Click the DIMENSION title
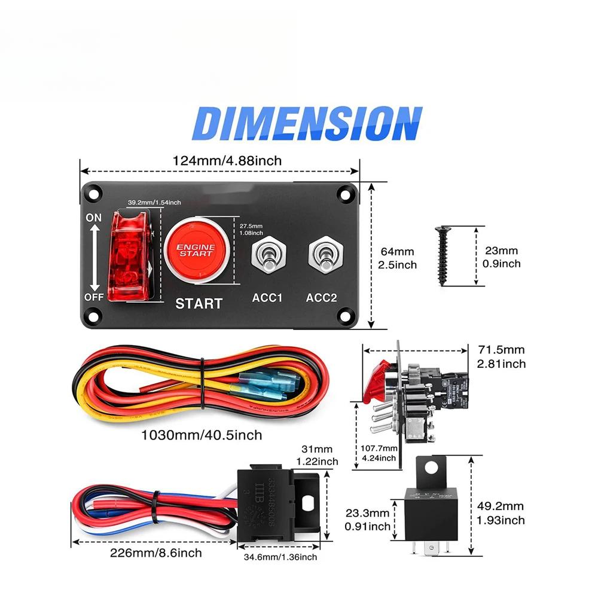point(307,124)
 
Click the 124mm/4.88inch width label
point(227,161)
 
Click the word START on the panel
point(199,303)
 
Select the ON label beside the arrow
point(94,218)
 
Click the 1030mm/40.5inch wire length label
point(202,435)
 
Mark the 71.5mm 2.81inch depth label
point(502,356)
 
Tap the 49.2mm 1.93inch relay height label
point(502,513)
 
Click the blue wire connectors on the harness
point(264,385)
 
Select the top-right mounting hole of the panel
point(344,194)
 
